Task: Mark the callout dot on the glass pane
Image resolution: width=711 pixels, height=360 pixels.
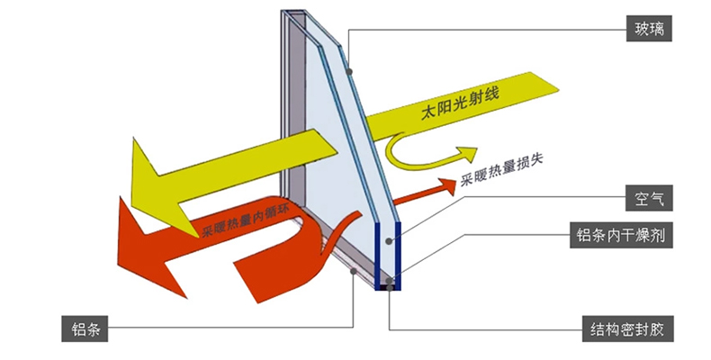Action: pos(347,71)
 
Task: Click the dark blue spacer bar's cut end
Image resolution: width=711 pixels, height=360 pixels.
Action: pos(388,256)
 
